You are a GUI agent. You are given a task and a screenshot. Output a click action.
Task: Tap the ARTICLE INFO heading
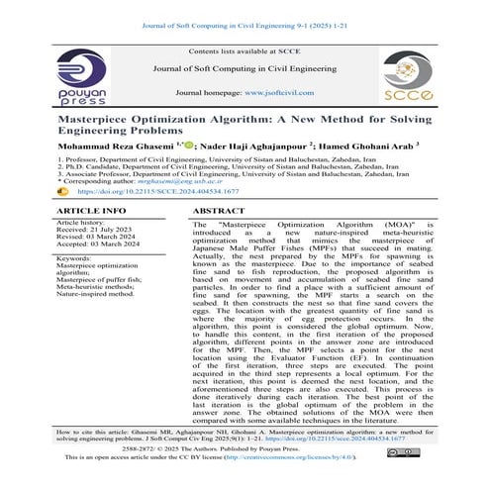click(92, 212)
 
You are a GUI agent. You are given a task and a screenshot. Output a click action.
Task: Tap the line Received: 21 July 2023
click(101, 232)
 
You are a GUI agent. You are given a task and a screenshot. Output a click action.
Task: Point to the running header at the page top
click(245, 12)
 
